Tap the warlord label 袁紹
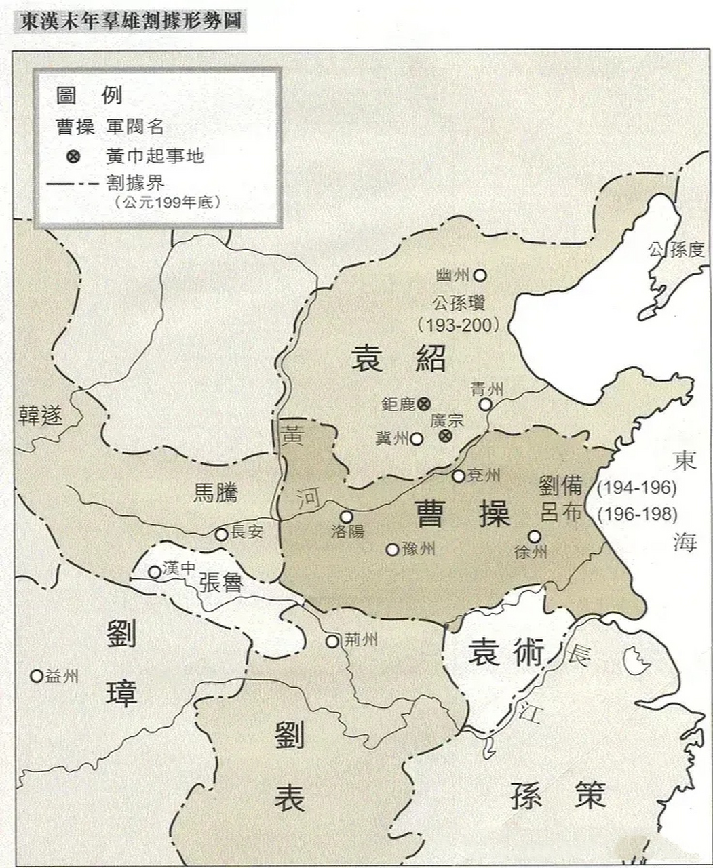398,357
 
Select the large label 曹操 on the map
463,513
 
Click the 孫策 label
558,795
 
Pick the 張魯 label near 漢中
221,582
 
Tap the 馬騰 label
216,492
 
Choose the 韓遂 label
40,415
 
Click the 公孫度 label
676,250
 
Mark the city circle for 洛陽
347,517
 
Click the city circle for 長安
221,534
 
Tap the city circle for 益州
37,675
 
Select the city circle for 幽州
480,275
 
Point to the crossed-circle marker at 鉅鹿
425,403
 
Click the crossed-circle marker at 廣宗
445,436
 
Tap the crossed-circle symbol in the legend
73,157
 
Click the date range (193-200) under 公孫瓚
458,325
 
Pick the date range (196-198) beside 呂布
638,514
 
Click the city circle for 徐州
535,536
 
